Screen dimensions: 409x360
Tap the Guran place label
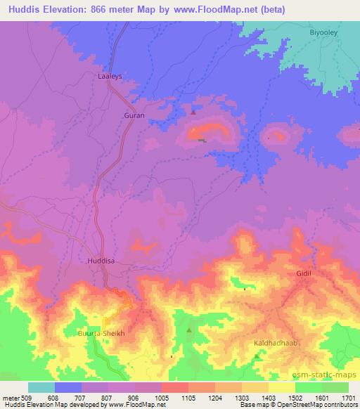click(x=134, y=114)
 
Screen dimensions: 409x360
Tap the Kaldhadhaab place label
click(x=271, y=343)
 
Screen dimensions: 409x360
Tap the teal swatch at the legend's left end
click(x=41, y=387)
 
